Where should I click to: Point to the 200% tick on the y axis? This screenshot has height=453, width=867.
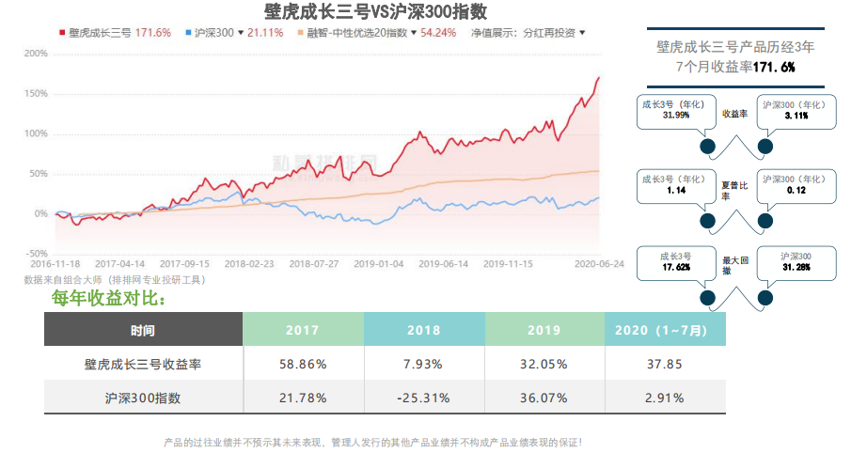[36, 54]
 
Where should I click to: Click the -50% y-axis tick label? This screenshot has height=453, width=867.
[36, 254]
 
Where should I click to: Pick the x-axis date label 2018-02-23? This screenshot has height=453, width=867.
[250, 265]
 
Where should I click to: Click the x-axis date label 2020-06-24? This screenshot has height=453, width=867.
[598, 265]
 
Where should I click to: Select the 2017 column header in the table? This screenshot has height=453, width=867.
[303, 330]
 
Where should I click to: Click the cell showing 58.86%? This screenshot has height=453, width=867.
[303, 364]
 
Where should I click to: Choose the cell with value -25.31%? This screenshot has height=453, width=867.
[423, 398]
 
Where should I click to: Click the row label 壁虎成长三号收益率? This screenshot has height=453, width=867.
[143, 364]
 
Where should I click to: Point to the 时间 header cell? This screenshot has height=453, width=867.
[143, 330]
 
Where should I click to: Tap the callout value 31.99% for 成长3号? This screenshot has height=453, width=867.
[675, 116]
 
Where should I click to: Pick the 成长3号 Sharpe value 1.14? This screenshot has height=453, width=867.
[675, 190]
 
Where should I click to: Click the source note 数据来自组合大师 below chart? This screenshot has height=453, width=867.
[113, 279]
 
